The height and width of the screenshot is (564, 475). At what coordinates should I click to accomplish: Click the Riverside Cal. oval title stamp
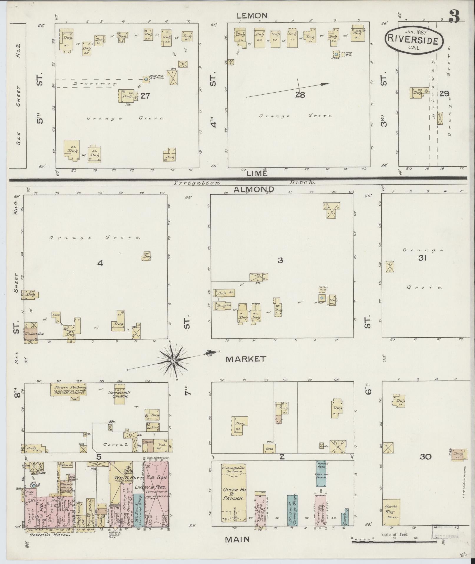(414, 40)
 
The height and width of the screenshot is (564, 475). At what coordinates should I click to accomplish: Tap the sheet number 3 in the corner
(454, 15)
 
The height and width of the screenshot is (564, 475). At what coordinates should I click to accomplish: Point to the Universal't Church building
(119, 394)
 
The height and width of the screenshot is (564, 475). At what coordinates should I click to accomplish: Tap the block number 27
(145, 96)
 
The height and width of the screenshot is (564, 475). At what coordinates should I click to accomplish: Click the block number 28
(300, 95)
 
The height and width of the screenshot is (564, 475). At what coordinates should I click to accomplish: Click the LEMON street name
(252, 15)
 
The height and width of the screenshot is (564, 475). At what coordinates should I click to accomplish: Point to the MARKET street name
(246, 359)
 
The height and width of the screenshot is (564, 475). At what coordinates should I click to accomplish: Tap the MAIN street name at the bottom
(237, 539)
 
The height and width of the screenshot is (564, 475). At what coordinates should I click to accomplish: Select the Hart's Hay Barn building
(391, 512)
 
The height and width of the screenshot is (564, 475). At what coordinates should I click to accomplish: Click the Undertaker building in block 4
(31, 334)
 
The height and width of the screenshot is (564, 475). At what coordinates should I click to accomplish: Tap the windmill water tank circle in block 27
(146, 79)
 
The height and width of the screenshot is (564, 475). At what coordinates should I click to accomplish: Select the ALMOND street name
(254, 189)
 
